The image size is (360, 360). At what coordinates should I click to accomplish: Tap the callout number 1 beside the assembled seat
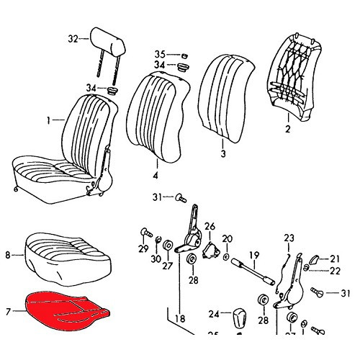point(50,121)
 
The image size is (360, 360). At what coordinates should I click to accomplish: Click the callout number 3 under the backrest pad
point(222,154)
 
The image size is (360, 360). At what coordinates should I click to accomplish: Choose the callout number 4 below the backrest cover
point(156,174)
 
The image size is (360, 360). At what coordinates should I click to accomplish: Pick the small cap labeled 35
point(184,54)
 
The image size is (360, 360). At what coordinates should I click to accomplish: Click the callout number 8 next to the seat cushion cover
point(8,254)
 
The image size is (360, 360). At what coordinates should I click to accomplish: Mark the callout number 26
point(210,227)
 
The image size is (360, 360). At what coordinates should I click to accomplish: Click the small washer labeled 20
point(227,256)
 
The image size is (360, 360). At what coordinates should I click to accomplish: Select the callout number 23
point(289,238)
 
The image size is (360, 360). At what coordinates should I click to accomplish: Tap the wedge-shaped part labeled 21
point(314,258)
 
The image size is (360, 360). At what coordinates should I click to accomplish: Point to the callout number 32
point(72,37)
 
